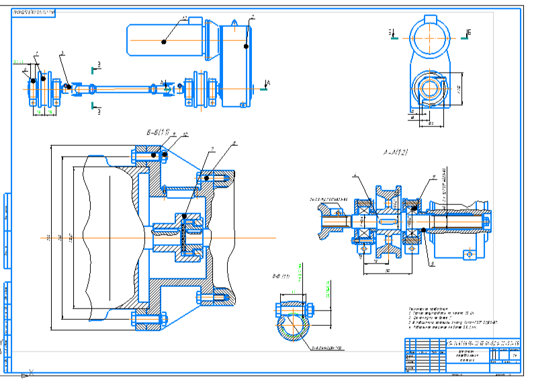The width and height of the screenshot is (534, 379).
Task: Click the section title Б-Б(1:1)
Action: coord(152,132)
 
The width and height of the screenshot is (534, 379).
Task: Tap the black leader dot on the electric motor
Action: coord(165,42)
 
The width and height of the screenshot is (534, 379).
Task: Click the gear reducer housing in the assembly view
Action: coord(235,64)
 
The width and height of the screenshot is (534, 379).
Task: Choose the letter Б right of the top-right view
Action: coord(469,32)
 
